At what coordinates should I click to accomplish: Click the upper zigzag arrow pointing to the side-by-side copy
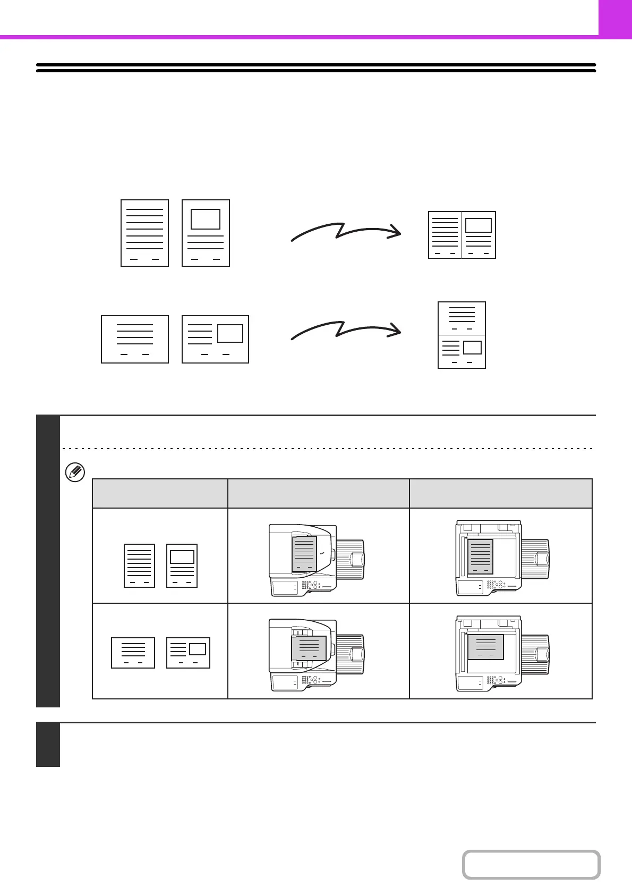[x=345, y=232]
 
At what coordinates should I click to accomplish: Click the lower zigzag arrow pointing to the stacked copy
[x=345, y=330]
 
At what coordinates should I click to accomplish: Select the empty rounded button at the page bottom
[x=531, y=865]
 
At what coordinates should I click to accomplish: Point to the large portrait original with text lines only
[x=144, y=233]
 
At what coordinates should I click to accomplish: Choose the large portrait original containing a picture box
[x=206, y=233]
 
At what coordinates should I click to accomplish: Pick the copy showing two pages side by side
[x=462, y=235]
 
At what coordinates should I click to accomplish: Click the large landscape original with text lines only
[x=135, y=339]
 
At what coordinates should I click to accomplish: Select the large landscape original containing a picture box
[x=215, y=339]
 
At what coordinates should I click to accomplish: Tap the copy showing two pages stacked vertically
[x=462, y=335]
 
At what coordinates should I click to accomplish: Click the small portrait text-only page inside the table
[x=139, y=565]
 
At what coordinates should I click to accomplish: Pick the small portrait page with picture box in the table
[x=182, y=565]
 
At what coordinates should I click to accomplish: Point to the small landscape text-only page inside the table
[x=133, y=653]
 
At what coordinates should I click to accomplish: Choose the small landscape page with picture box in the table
[x=188, y=653]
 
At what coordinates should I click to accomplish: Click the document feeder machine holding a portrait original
[x=317, y=560]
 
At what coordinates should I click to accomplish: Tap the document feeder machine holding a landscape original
[x=317, y=655]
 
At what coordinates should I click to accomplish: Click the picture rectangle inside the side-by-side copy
[x=479, y=225]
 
